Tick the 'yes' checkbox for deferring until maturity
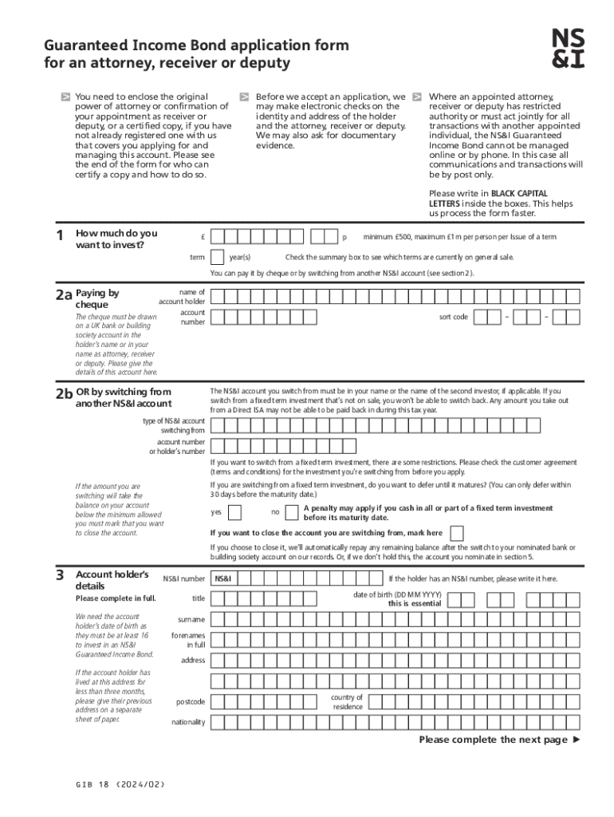click(236, 512)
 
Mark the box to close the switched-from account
click(457, 533)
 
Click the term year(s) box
click(218, 257)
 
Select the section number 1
click(59, 235)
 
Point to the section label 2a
click(63, 294)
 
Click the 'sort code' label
click(454, 318)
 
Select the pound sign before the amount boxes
click(205, 237)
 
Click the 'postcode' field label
click(191, 702)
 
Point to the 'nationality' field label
click(188, 723)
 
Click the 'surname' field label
click(191, 619)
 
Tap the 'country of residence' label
click(347, 701)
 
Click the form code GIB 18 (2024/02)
click(116, 785)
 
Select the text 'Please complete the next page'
click(494, 740)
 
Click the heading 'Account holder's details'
click(112, 580)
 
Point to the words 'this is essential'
click(415, 604)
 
